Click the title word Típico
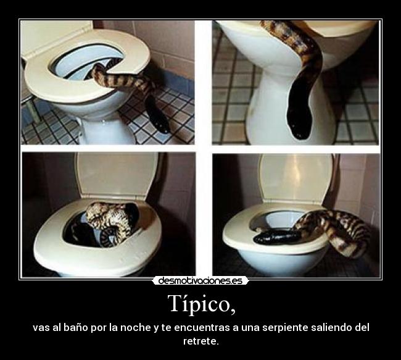(200, 304)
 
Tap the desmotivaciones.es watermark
(200, 281)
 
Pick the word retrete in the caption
(200, 341)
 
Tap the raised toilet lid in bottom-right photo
(296, 176)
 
